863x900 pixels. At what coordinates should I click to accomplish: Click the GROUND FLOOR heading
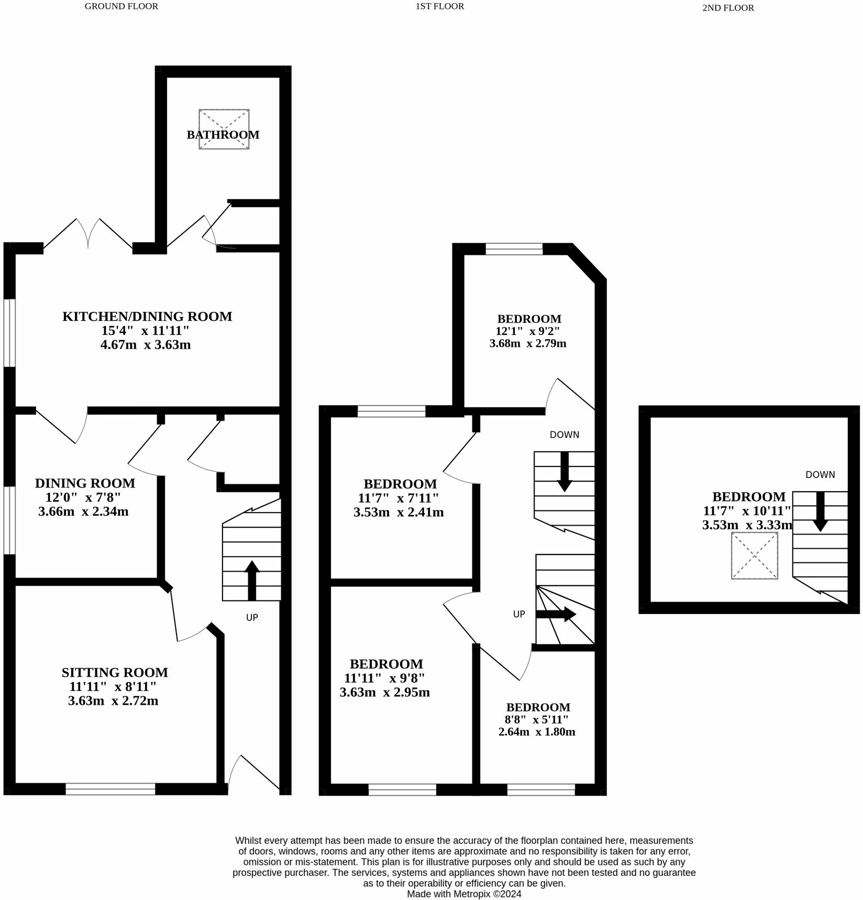[x=121, y=6]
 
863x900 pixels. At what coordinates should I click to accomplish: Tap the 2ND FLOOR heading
[x=727, y=8]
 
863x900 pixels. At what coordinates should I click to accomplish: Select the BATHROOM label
[x=223, y=135]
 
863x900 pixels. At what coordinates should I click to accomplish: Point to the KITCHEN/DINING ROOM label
[x=147, y=316]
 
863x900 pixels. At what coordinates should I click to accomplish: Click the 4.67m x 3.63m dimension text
[x=145, y=345]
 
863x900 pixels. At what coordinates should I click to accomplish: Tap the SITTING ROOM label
[x=115, y=672]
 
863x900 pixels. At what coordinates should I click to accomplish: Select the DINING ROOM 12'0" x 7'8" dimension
[x=83, y=497]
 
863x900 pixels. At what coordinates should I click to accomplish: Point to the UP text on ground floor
[x=252, y=618]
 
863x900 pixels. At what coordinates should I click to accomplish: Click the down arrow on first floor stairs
[x=564, y=471]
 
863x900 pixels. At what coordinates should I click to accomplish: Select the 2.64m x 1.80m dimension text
[x=536, y=732]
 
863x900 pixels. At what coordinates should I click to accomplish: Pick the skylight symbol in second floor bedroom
[x=754, y=555]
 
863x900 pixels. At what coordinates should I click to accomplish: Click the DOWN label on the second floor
[x=820, y=475]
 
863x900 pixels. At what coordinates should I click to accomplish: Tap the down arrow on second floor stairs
[x=820, y=511]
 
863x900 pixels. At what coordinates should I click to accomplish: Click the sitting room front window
[x=110, y=788]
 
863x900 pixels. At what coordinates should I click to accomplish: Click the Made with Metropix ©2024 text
[x=464, y=894]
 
